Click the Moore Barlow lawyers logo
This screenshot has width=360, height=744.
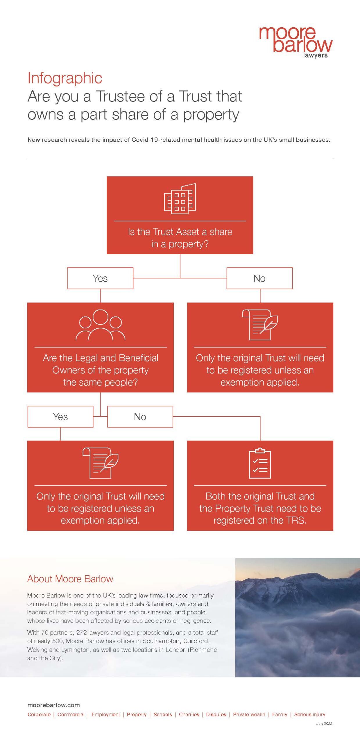(x=295, y=42)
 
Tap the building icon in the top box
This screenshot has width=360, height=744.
(x=180, y=198)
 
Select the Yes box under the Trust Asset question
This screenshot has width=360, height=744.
(x=100, y=278)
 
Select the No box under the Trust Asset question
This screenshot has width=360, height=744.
(x=259, y=278)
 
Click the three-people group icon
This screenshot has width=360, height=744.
(x=100, y=325)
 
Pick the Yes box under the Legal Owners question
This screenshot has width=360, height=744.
(x=60, y=416)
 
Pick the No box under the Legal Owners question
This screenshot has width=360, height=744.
(x=140, y=416)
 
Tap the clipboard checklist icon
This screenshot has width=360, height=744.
(x=260, y=463)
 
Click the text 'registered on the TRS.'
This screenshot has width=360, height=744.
(x=260, y=520)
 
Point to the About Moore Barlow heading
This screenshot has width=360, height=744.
(x=70, y=579)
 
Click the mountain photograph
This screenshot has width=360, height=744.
(x=298, y=617)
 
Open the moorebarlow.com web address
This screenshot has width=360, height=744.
(x=53, y=705)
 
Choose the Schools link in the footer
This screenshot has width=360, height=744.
(x=163, y=714)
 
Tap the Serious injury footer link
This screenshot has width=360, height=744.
(x=310, y=714)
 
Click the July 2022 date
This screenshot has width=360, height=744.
(x=324, y=723)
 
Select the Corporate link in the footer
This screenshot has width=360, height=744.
(x=39, y=715)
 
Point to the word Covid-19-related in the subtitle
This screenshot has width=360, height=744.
(x=156, y=140)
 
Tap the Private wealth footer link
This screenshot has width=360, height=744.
(x=249, y=714)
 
